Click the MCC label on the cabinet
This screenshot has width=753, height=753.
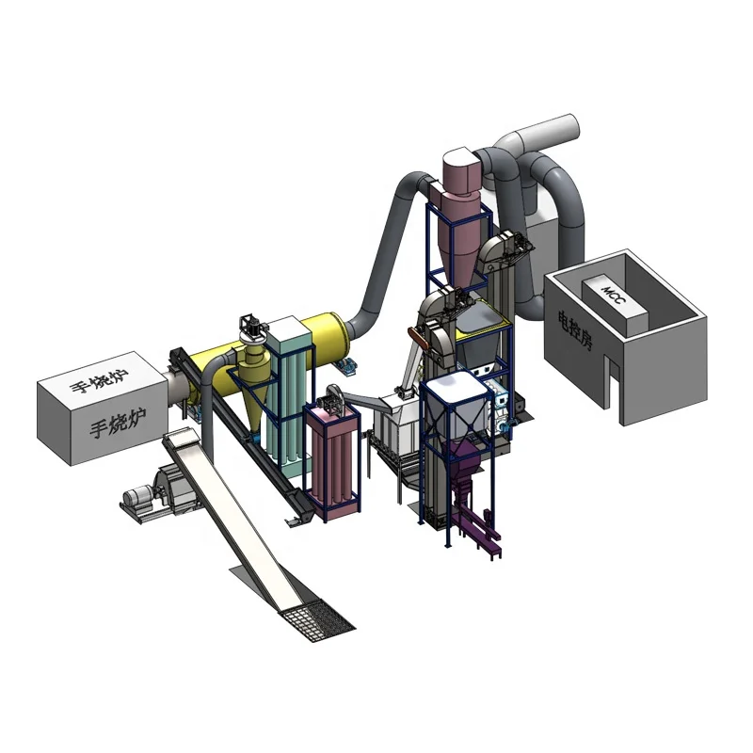(614, 295)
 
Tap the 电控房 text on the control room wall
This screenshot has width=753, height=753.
(575, 329)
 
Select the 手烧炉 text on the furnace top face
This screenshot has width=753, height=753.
(99, 380)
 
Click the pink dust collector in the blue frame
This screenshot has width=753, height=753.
(332, 456)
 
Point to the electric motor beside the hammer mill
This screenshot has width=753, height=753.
(138, 496)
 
